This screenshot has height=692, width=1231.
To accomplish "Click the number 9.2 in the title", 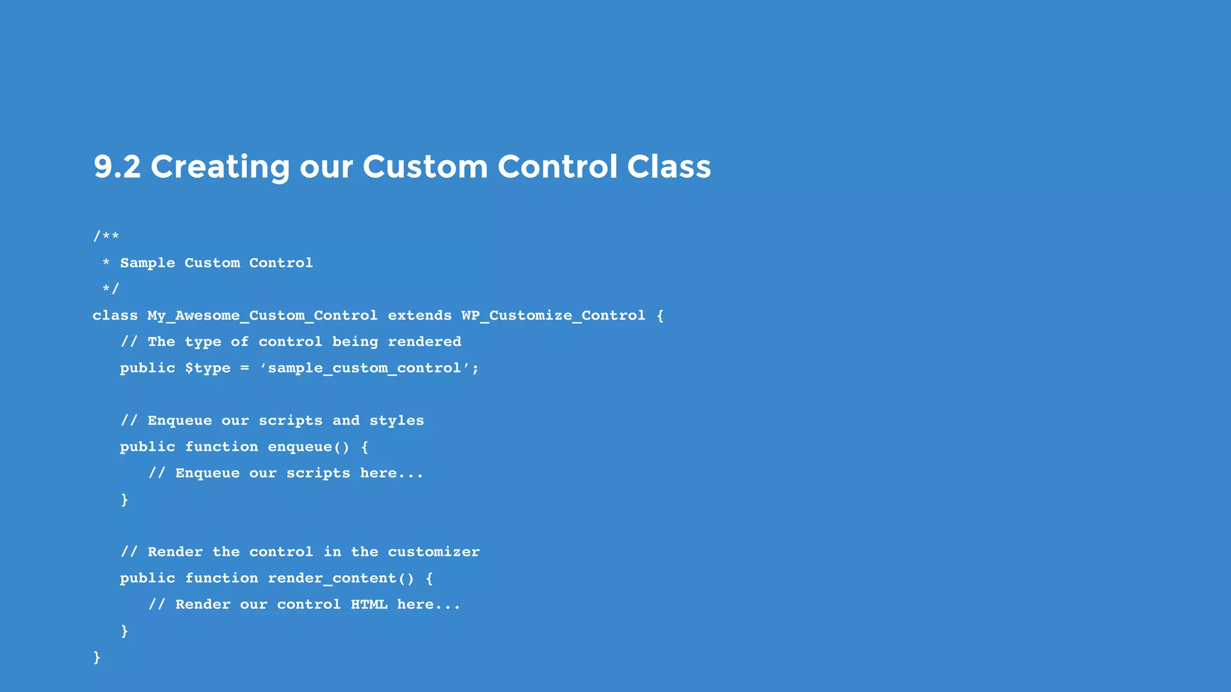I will tap(117, 166).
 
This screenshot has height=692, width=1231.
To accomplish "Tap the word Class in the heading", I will tap(668, 166).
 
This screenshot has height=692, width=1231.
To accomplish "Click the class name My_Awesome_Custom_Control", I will tap(263, 316).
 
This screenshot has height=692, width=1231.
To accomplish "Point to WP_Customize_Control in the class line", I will tap(553, 316).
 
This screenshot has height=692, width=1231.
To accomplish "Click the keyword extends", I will tap(420, 316).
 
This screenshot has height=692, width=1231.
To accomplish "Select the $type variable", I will tap(207, 368).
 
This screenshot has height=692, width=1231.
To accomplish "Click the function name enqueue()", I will tap(308, 447).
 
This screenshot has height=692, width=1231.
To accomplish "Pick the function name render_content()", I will tap(341, 578).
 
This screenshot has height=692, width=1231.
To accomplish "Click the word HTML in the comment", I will tap(369, 604).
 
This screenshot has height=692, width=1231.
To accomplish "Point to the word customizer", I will tap(433, 552).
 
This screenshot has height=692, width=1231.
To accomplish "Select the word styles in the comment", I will tap(397, 420).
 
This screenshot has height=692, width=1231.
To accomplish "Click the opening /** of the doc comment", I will tap(106, 236).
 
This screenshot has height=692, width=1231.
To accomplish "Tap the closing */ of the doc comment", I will tap(111, 289).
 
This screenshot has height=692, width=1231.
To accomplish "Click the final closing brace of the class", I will tap(97, 657).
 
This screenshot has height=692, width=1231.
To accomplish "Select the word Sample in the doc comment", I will tap(147, 263).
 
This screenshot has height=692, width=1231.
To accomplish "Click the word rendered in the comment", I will tap(424, 342).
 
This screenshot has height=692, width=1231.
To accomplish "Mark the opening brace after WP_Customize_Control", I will tap(660, 316).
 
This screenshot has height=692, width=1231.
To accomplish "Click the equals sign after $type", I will tap(244, 368).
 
